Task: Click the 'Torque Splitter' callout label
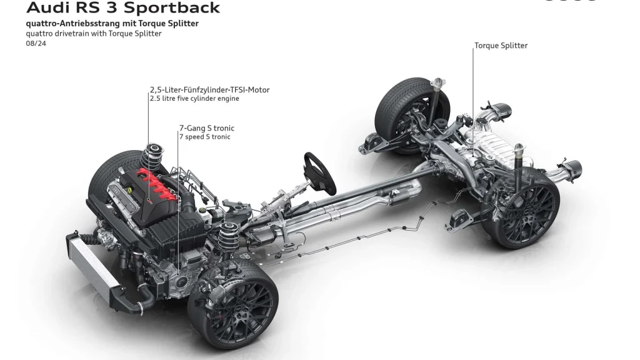point(501,46)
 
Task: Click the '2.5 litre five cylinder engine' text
point(194,99)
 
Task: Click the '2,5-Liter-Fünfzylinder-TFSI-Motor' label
point(209,90)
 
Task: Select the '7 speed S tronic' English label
point(204,137)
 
